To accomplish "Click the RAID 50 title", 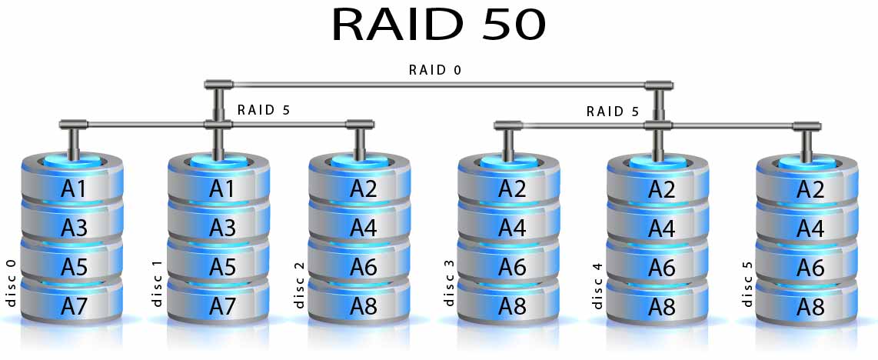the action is tap(438, 25).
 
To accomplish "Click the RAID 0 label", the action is tap(435, 70).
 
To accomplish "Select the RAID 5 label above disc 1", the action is tap(264, 110).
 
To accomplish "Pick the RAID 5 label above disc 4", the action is tap(613, 111).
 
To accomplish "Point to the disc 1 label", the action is tap(157, 283).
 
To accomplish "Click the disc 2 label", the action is tap(299, 285).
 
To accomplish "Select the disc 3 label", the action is tap(449, 283).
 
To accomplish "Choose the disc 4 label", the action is tap(597, 285).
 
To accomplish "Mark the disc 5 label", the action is tap(747, 284).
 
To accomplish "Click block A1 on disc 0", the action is tap(74, 188).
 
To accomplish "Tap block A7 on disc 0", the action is tap(74, 305).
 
